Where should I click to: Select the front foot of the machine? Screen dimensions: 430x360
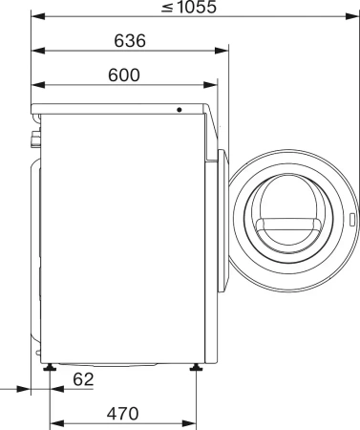[196, 366]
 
